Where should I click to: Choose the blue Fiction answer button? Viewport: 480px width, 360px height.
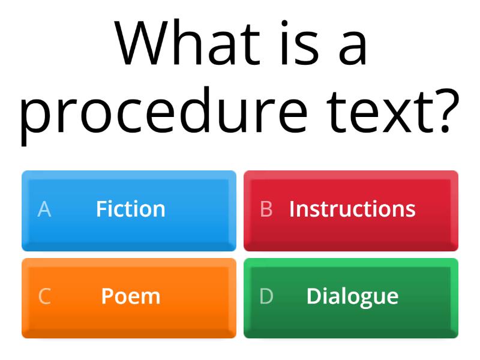point(129,210)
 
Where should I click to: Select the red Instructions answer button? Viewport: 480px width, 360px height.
point(351,210)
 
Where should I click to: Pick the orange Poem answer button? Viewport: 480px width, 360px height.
point(129,298)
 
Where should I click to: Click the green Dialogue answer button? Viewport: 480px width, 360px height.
point(351,298)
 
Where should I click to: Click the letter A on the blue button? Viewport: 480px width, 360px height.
point(44,209)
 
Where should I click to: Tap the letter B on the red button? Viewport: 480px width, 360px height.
point(266,209)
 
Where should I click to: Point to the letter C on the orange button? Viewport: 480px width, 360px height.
point(44,296)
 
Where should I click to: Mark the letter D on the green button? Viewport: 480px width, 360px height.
point(266,296)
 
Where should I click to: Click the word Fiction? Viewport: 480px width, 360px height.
point(131,209)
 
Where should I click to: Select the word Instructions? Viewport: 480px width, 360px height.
point(352,209)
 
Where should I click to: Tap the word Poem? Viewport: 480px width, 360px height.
point(131,296)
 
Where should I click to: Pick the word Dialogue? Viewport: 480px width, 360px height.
point(352,296)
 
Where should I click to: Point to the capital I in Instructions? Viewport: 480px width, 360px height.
point(292,209)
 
